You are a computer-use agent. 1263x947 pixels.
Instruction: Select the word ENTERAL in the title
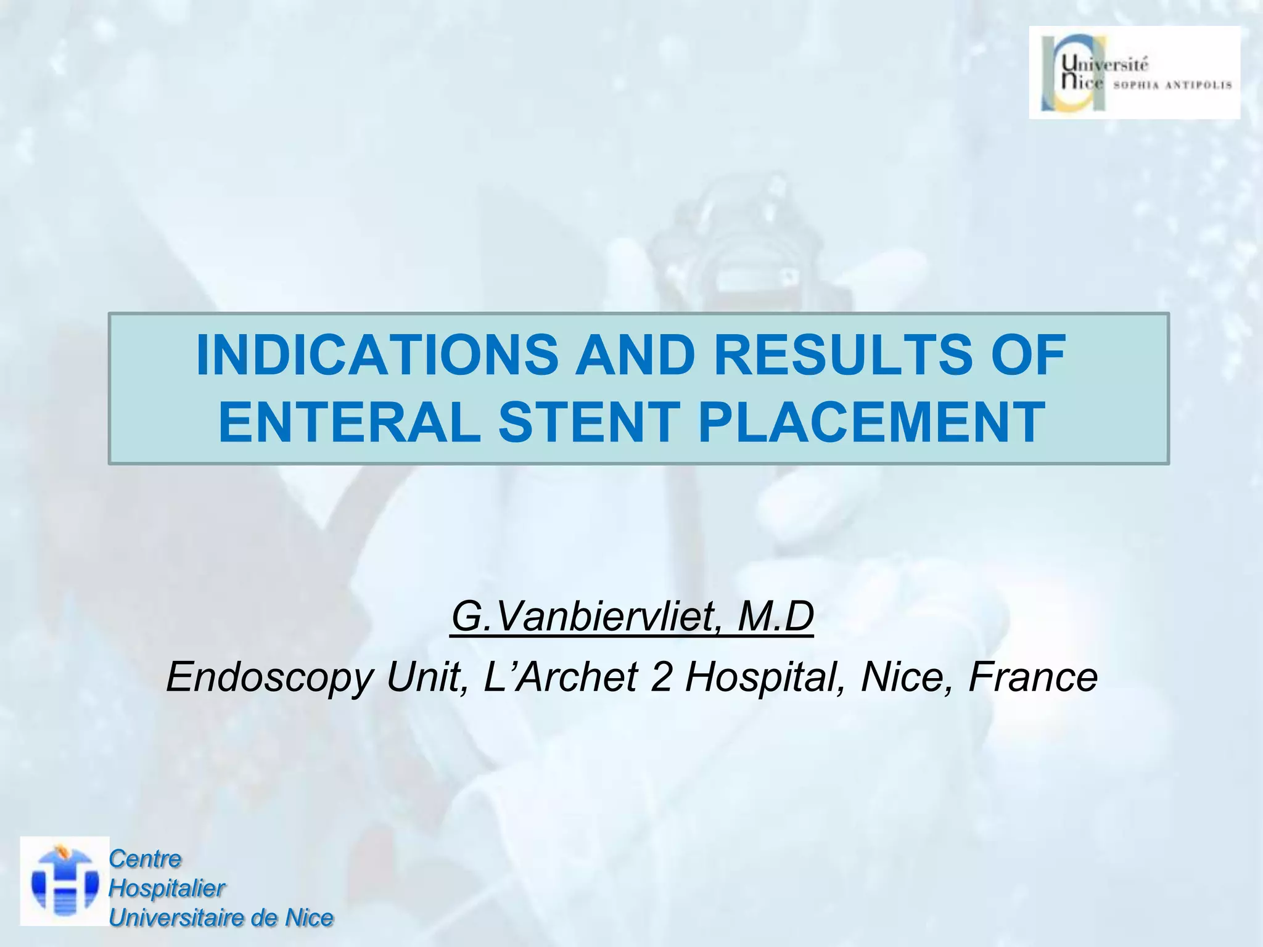349,423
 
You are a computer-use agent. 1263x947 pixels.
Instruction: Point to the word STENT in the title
589,423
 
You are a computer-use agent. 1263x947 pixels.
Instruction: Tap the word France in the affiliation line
1033,676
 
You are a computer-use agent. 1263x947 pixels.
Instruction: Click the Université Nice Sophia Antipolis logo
1134,73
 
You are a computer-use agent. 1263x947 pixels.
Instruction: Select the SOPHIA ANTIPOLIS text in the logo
1172,85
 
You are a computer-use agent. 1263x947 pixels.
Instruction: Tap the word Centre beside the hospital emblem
145,859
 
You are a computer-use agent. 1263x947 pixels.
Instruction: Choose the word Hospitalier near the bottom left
167,888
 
